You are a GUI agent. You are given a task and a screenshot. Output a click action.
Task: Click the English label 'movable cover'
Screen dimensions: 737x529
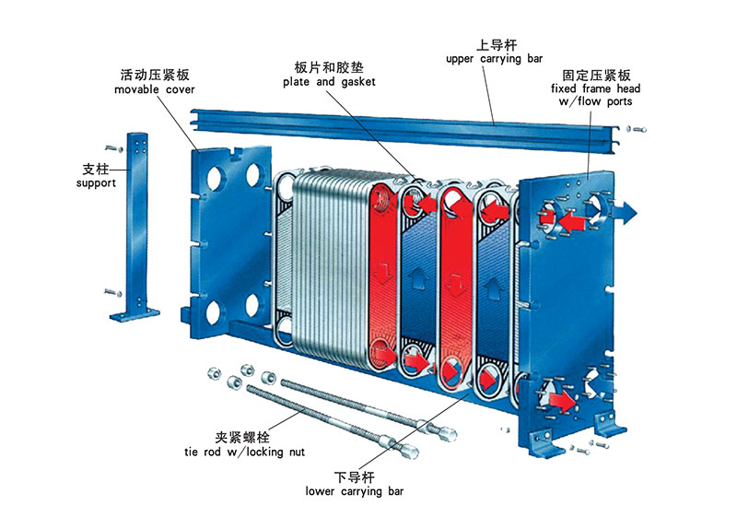point(154,89)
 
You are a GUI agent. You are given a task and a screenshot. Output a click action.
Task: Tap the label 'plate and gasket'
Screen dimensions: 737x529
point(329,82)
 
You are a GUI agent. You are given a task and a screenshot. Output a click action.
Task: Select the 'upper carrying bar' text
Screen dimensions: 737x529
point(494,59)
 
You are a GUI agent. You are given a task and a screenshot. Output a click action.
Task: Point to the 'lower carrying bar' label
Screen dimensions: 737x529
point(355,491)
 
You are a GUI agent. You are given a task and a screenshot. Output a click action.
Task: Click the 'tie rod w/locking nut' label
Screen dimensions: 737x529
point(244,452)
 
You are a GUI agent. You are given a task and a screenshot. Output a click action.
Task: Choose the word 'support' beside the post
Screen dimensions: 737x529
point(96,182)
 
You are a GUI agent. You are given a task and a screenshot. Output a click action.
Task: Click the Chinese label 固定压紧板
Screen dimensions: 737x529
point(596,75)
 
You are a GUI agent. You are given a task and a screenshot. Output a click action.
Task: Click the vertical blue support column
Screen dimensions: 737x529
point(136,221)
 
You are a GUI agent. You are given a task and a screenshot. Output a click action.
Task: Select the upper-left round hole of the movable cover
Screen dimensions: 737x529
point(215,177)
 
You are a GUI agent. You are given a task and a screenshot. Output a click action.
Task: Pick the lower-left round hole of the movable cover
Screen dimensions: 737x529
point(214,312)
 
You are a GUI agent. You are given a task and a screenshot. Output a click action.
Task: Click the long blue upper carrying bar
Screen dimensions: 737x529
point(404,130)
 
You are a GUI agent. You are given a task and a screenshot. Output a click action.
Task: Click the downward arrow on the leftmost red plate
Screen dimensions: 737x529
point(384,273)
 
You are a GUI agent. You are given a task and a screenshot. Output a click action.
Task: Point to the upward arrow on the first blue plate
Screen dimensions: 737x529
point(418,278)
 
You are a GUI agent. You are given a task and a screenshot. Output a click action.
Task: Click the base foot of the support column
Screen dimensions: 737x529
point(135,313)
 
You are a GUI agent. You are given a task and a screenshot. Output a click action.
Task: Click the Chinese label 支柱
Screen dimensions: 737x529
point(96,169)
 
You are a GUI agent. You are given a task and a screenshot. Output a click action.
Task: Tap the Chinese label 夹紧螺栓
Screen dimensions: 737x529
point(242,438)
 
